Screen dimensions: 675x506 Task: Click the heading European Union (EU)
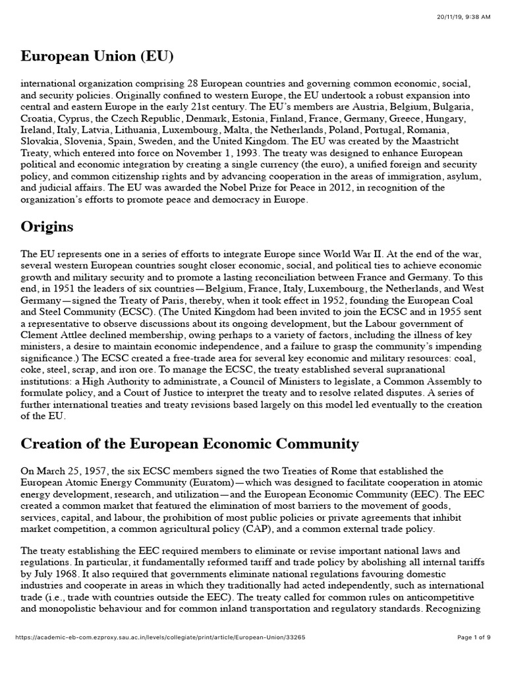(x=97, y=57)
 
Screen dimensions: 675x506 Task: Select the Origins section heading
(x=47, y=227)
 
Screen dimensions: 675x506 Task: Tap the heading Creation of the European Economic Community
(x=190, y=444)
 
